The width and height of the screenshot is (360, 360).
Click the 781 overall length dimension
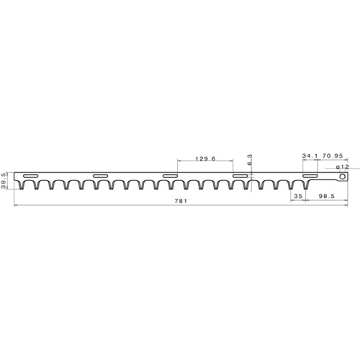pyautogui.click(x=181, y=201)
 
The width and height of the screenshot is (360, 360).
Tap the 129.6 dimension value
pyautogui.click(x=206, y=158)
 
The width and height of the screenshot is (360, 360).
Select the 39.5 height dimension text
pyautogui.click(x=4, y=181)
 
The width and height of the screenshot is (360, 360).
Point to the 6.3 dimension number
pyautogui.click(x=249, y=160)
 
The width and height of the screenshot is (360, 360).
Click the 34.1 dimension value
pyautogui.click(x=310, y=156)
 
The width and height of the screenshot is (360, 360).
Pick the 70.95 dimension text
pyautogui.click(x=333, y=156)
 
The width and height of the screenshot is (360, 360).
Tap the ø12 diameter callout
pyautogui.click(x=343, y=166)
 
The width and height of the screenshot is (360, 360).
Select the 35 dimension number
pyautogui.click(x=298, y=196)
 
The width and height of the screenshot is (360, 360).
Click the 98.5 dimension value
pyautogui.click(x=327, y=196)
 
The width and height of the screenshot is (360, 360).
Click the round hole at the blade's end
pyautogui.click(x=343, y=176)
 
